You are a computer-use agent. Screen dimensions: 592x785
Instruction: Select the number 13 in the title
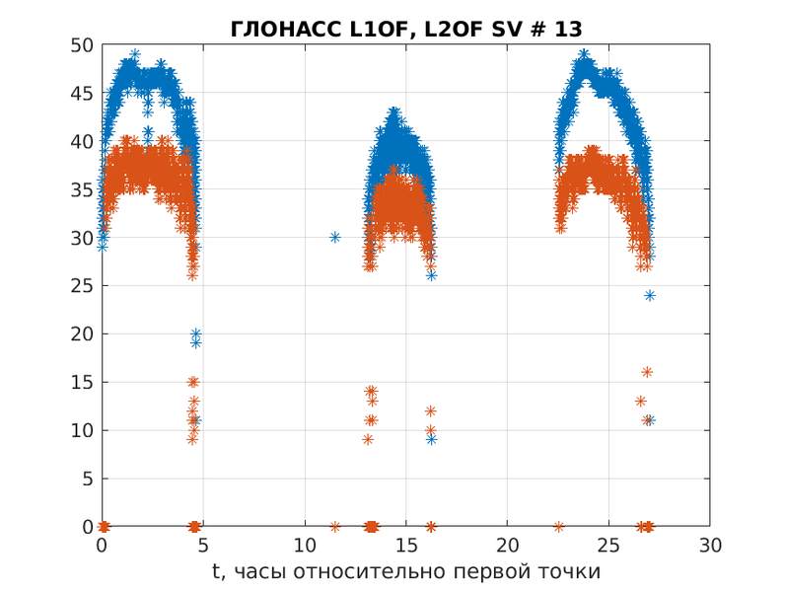coord(568,30)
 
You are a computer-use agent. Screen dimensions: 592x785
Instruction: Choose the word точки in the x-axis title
coord(573,571)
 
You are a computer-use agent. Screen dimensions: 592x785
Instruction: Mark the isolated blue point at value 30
coord(335,237)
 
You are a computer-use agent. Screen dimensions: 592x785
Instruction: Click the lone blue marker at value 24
coord(650,295)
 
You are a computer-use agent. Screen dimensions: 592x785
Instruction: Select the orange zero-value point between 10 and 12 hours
coord(335,527)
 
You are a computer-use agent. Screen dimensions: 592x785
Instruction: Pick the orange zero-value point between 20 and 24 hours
coord(559,527)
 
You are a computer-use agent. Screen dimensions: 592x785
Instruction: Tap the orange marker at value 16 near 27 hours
coord(647,372)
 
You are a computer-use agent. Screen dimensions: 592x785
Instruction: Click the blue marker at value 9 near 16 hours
coord(431,439)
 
